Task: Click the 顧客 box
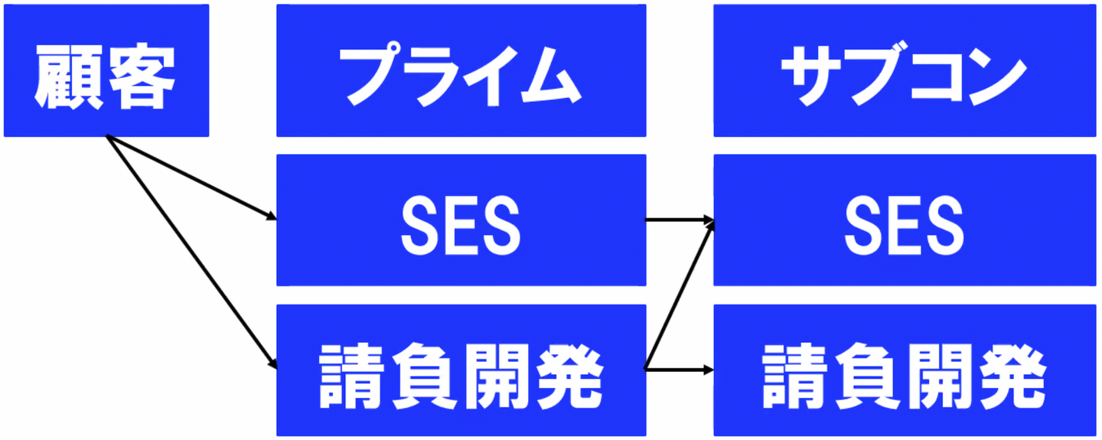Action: click(x=106, y=70)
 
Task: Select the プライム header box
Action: click(x=461, y=70)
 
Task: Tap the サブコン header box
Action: click(x=905, y=70)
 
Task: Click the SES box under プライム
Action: click(x=461, y=220)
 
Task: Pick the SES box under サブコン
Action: click(x=905, y=220)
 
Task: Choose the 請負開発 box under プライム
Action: click(x=461, y=370)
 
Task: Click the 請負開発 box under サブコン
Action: click(x=905, y=370)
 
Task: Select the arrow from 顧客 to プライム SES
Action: click(x=191, y=178)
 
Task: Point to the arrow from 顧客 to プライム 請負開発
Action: click(x=192, y=252)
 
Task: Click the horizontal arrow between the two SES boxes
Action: click(x=680, y=220)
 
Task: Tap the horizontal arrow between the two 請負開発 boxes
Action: click(x=680, y=370)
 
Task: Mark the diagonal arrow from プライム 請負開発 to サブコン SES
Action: click(x=680, y=295)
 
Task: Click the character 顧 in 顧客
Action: click(x=70, y=77)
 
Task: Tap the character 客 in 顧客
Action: click(x=142, y=77)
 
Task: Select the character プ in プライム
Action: click(x=374, y=73)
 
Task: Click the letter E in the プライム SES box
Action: click(x=461, y=226)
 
